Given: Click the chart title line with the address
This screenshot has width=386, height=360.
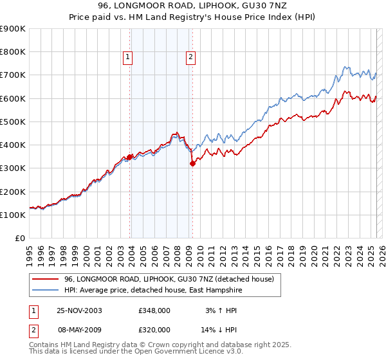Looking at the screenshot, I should click(x=193, y=6).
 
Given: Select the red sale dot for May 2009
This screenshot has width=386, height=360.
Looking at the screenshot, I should click(x=192, y=163).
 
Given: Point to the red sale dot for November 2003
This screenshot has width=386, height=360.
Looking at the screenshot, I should click(x=130, y=156).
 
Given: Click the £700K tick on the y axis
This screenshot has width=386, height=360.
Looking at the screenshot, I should click(x=13, y=75).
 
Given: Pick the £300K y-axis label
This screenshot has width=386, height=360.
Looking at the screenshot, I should click(x=13, y=168).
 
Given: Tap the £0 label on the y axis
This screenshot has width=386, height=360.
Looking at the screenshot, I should click(x=19, y=239).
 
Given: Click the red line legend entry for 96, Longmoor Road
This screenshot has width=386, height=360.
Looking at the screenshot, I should click(x=169, y=279).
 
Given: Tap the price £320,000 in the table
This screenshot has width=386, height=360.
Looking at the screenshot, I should click(x=154, y=329).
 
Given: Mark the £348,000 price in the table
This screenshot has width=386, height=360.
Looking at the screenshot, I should click(x=154, y=310).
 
